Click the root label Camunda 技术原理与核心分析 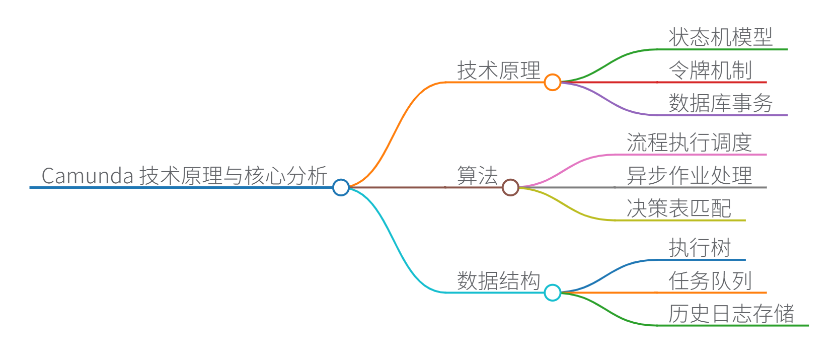tap(184, 176)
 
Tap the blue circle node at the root tap(341, 187)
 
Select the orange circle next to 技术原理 tap(552, 82)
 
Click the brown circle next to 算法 tap(510, 187)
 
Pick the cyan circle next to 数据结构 tap(552, 292)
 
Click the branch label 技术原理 tap(498, 70)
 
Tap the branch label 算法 tap(477, 176)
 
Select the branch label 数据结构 tap(498, 280)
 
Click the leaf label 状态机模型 tap(720, 38)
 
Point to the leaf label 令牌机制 tap(710, 70)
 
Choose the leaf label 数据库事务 tap(720, 103)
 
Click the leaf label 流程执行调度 tap(689, 142)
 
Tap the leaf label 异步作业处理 tap(689, 176)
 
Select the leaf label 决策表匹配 tap(678, 208)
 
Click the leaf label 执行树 tap(700, 248)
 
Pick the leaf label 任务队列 tap(710, 280)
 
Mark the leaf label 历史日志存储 tap(731, 314)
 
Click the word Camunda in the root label tap(87, 176)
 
